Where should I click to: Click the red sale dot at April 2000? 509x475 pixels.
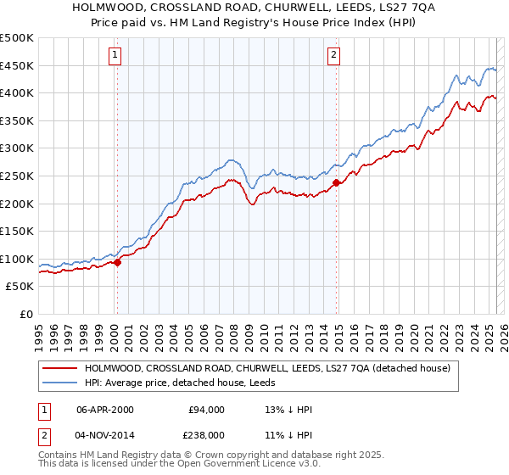(118, 262)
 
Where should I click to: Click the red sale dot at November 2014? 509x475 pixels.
(337, 182)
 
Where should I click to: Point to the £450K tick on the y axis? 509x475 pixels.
(18, 65)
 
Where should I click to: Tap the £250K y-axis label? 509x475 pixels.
(18, 176)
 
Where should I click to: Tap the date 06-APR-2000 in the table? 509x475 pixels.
(105, 410)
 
